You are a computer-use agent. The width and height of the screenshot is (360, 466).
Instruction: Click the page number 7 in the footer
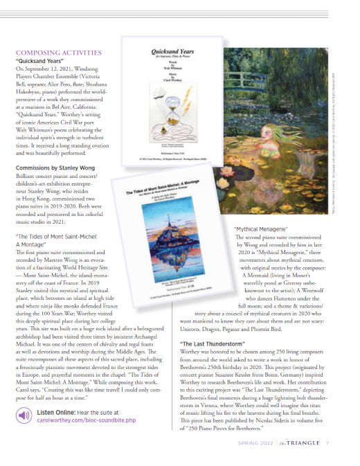pyautogui.click(x=335, y=443)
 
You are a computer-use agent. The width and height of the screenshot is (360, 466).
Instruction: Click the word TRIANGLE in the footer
pyautogui.click(x=318, y=443)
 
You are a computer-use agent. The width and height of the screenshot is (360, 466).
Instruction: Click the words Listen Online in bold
pyautogui.click(x=64, y=411)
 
